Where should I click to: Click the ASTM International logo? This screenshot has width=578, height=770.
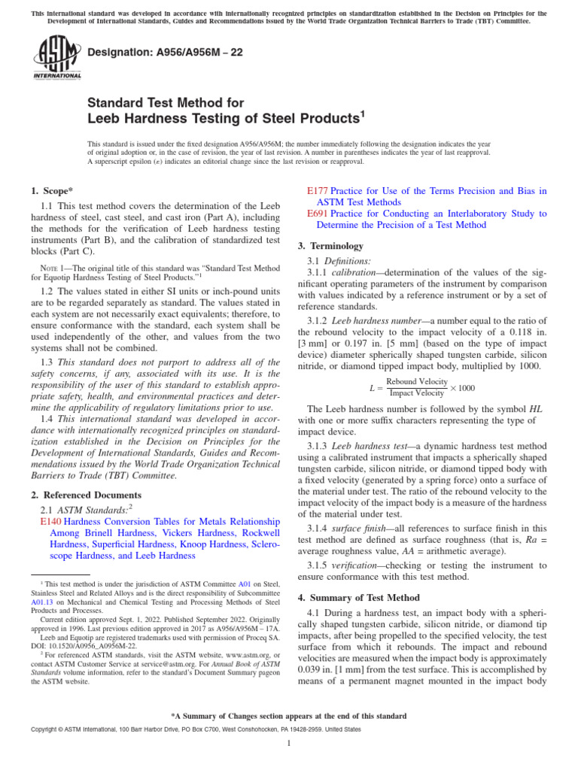(x=57, y=59)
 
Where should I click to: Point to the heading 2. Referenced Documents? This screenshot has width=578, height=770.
(x=86, y=495)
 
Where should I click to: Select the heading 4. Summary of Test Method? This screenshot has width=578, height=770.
(x=358, y=597)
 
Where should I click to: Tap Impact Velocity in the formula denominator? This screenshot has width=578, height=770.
(x=417, y=393)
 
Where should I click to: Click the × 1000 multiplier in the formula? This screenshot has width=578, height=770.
(x=462, y=387)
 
